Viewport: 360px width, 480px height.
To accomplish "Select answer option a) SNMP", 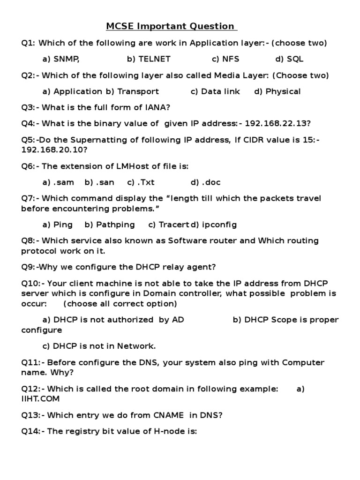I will point(61,59).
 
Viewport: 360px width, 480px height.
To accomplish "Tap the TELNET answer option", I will point(149,59).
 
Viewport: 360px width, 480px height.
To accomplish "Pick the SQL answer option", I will point(289,59).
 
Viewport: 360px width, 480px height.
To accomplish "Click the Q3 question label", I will point(30,107).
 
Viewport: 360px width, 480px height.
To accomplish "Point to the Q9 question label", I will point(30,267).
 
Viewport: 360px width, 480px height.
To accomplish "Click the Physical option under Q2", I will point(277,91).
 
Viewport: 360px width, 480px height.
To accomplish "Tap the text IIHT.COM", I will point(40,399).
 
